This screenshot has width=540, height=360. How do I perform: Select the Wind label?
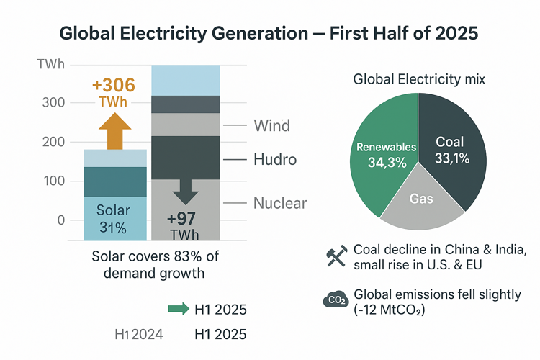click(271, 126)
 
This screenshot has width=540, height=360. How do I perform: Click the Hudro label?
click(275, 159)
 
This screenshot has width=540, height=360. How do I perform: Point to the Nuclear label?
click(280, 203)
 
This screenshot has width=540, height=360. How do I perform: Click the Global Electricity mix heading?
click(419, 80)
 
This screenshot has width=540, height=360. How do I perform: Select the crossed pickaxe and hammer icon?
click(336, 257)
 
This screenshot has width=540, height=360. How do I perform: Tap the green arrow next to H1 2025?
click(177, 310)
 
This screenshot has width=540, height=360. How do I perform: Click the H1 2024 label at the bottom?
click(139, 334)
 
